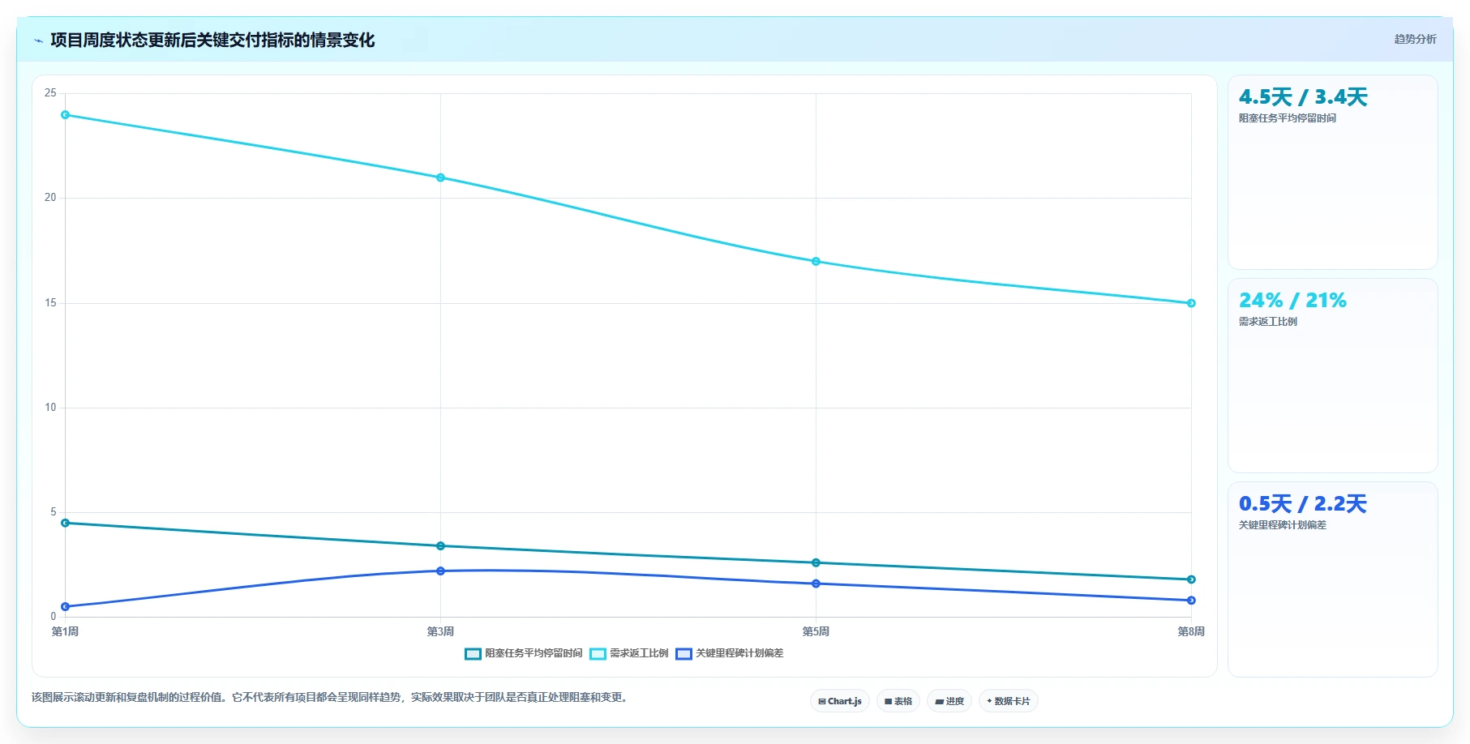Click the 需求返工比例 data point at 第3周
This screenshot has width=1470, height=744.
coord(440,177)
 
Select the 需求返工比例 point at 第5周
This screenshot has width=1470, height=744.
coord(816,262)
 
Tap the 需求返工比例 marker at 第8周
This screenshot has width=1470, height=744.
coord(1191,303)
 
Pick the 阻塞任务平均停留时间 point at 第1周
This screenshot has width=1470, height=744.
coord(66,523)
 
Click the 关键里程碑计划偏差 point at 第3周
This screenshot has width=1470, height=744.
coord(440,571)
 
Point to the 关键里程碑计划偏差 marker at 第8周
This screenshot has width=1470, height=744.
coord(1191,601)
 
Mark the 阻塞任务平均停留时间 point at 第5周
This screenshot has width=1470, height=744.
coord(816,562)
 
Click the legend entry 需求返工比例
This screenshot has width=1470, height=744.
coord(629,653)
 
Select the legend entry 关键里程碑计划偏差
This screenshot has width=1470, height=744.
coord(730,653)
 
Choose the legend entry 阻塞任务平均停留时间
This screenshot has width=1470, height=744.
coord(524,653)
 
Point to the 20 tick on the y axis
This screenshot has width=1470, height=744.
coord(50,198)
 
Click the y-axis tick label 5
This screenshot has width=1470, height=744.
coord(54,512)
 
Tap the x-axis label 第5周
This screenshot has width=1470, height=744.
coord(816,631)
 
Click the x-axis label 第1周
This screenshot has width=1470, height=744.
coord(66,631)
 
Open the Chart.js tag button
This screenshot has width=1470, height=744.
coord(840,701)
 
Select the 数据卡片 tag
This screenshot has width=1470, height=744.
coord(1009,701)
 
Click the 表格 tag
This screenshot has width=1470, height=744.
coord(898,701)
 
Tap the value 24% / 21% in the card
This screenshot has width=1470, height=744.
coord(1292,301)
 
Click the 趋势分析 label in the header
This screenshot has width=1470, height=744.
coord(1415,39)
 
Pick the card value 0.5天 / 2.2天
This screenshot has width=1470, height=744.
coord(1303,504)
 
